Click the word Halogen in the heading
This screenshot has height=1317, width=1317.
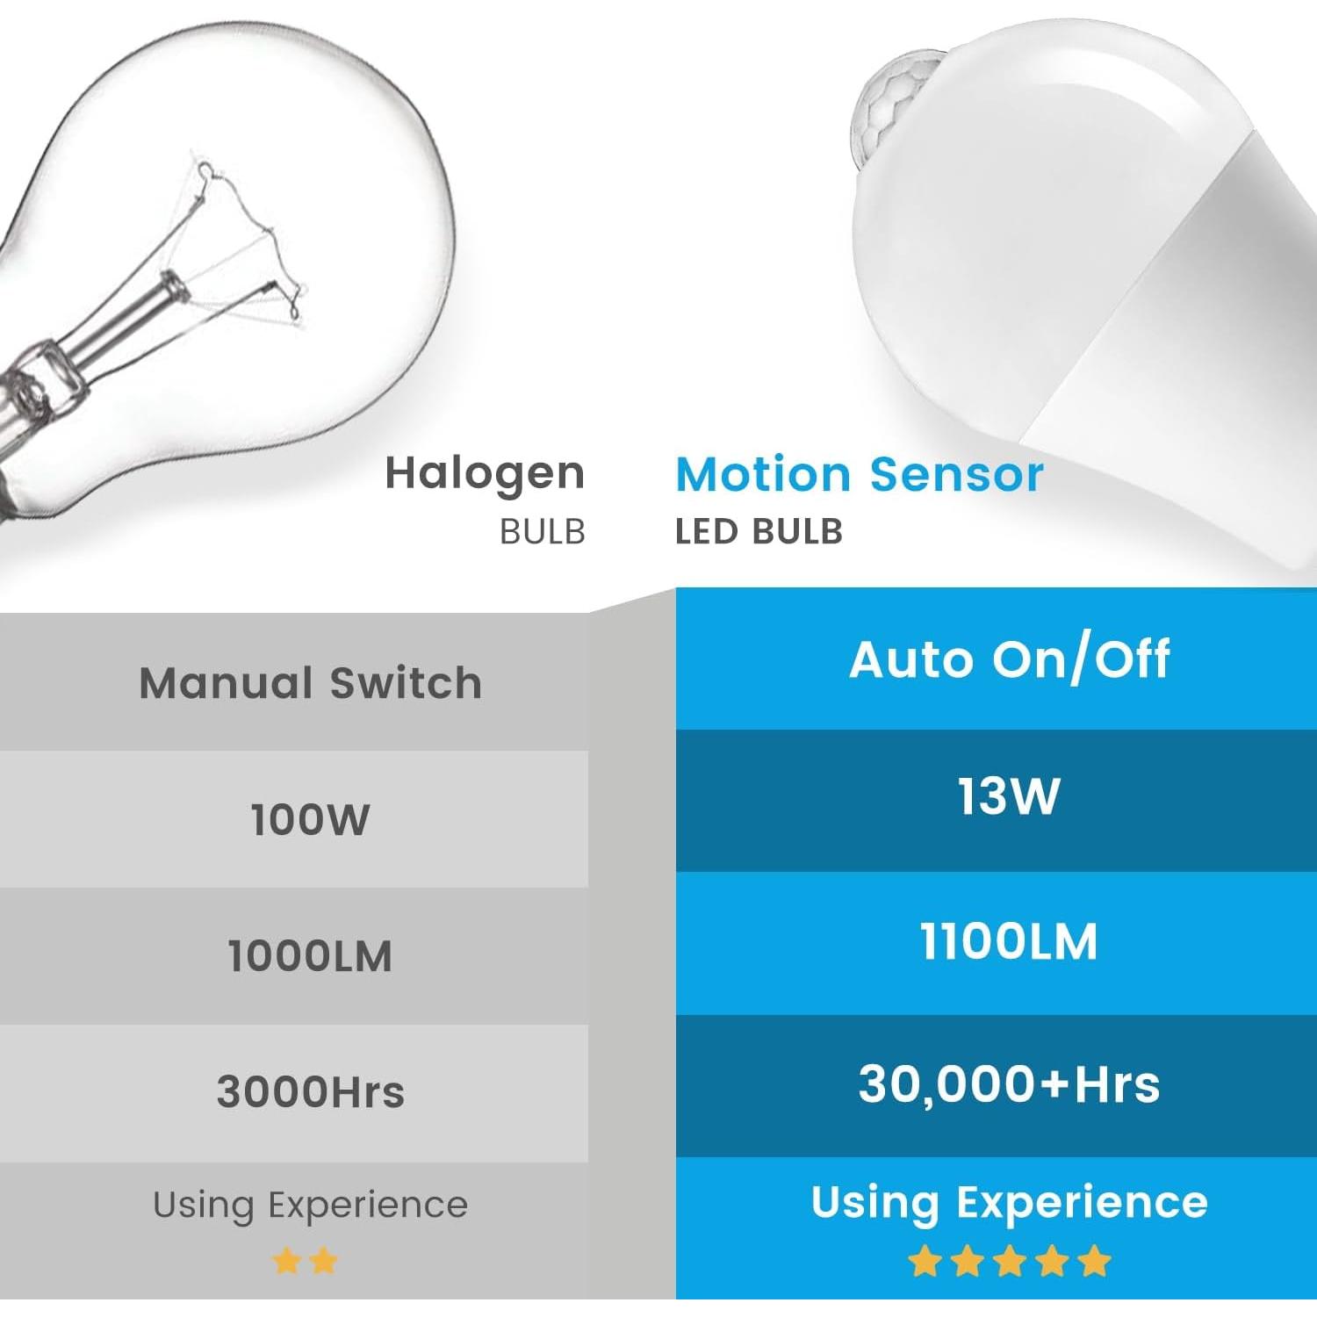click(x=485, y=475)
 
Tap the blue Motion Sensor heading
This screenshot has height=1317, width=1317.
click(x=859, y=475)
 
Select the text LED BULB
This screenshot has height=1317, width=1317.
click(x=759, y=532)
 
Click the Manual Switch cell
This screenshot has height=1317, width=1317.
click(x=311, y=683)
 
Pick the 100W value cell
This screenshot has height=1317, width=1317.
click(x=311, y=819)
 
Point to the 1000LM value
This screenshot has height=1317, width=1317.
click(x=311, y=956)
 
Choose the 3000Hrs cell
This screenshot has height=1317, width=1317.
click(x=311, y=1092)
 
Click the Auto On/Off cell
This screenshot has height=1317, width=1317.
click(x=1010, y=659)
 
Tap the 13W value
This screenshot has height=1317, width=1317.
click(x=1010, y=797)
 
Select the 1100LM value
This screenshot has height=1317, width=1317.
click(x=1010, y=941)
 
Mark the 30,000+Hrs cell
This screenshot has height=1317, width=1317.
click(x=1010, y=1084)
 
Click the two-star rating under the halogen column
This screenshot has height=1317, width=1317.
click(x=305, y=1262)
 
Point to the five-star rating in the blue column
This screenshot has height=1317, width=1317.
click(x=1010, y=1262)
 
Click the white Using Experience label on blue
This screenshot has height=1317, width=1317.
click(x=1010, y=1202)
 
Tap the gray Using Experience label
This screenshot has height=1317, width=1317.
click(x=311, y=1205)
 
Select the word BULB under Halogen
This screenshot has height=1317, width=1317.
click(x=542, y=532)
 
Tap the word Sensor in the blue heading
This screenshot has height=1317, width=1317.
click(x=956, y=475)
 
